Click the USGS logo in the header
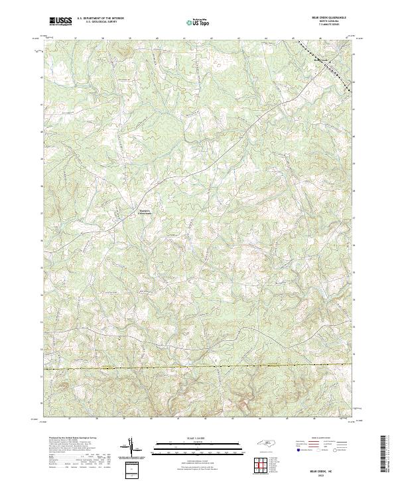[x=60, y=21]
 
